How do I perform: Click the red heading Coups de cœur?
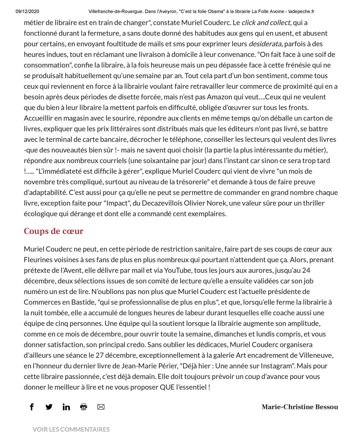click(53, 231)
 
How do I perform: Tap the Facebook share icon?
click(32, 407)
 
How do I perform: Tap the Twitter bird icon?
click(49, 407)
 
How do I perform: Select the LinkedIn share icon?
click(66, 407)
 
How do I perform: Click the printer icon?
click(84, 407)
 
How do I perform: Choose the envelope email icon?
click(101, 407)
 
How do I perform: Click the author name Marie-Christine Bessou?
click(299, 407)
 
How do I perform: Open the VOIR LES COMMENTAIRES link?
click(71, 429)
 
